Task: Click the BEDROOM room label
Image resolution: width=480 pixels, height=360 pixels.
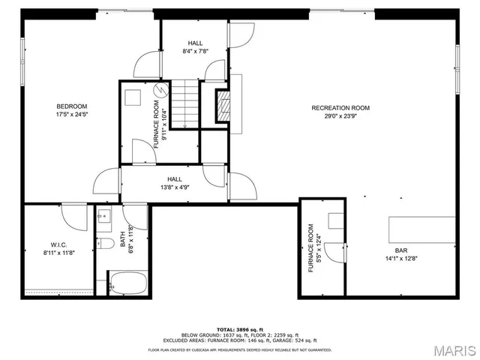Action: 71,106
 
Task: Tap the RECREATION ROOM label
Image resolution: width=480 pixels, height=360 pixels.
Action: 340,108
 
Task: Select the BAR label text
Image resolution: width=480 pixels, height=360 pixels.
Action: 401,251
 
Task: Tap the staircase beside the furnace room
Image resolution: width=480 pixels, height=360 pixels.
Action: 185,104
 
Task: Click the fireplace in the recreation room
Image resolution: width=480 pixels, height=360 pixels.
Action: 222,106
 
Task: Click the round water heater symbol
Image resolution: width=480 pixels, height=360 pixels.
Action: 159,91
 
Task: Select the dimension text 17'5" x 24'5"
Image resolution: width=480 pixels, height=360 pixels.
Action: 71,115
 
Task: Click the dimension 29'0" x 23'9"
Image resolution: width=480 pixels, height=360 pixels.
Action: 340,116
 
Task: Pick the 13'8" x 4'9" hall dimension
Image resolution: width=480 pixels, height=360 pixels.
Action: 175,187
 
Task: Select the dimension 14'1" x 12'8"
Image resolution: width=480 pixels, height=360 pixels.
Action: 401,259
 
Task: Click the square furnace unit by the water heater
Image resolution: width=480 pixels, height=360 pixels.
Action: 134,95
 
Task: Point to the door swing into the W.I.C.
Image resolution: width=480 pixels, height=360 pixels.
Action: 75,217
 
